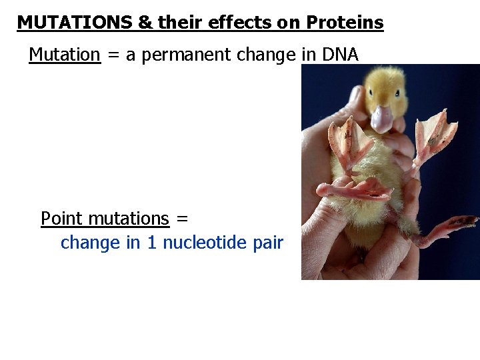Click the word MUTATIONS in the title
(x=75, y=23)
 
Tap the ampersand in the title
(x=145, y=23)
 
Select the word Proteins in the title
(x=345, y=23)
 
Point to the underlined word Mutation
(x=65, y=55)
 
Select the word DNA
(x=340, y=55)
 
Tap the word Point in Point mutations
(x=62, y=219)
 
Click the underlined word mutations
(x=129, y=219)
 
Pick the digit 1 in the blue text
(x=152, y=243)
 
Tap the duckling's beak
(x=382, y=119)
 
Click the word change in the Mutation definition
(x=263, y=55)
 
